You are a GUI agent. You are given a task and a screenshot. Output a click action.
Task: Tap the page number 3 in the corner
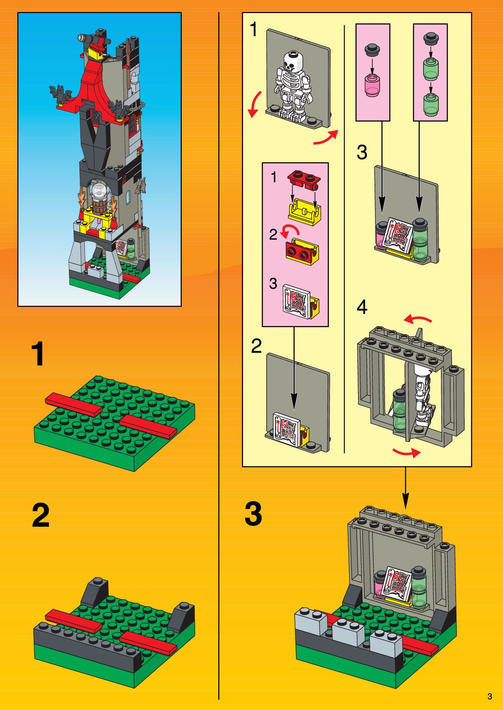click(489, 696)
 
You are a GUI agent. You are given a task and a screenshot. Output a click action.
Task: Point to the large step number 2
click(41, 515)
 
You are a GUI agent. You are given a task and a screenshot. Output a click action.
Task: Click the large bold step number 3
click(253, 514)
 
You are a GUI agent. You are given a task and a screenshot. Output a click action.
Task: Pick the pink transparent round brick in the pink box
click(372, 84)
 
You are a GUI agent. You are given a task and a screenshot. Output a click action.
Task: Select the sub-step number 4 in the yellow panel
click(362, 307)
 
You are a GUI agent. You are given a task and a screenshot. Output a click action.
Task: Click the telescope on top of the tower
click(91, 38)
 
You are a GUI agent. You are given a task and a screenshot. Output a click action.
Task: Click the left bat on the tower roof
click(60, 94)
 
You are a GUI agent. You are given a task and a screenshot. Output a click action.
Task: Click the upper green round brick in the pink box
click(430, 69)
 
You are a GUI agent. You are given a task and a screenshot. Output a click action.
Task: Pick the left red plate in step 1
click(74, 404)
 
